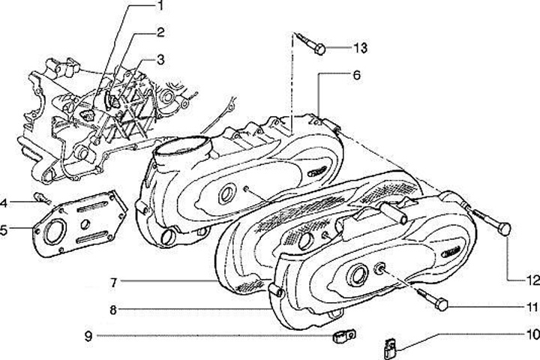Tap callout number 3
(x=160, y=58)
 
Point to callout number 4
(x=4, y=202)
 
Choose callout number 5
(x=4, y=229)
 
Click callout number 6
(x=357, y=75)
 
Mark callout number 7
(x=113, y=283)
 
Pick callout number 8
(x=113, y=308)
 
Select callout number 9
(x=88, y=336)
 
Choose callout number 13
(x=361, y=49)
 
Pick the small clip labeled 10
(x=388, y=346)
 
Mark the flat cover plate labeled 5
(x=75, y=221)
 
